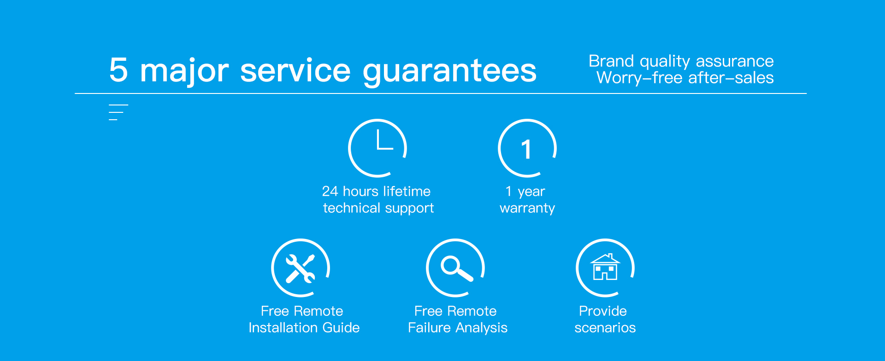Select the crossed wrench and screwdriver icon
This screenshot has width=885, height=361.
pyautogui.click(x=301, y=268)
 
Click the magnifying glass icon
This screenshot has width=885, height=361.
pyautogui.click(x=456, y=268)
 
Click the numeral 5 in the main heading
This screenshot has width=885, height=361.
pyautogui.click(x=118, y=70)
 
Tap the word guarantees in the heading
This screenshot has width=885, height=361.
pyautogui.click(x=450, y=71)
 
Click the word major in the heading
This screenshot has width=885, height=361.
pyautogui.click(x=184, y=71)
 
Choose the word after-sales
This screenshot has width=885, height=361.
pyautogui.click(x=731, y=77)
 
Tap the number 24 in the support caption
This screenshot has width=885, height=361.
pyautogui.click(x=330, y=191)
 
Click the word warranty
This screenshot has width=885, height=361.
pyautogui.click(x=527, y=209)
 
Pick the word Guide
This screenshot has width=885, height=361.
pyautogui.click(x=341, y=327)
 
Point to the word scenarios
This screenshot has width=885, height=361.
pyautogui.click(x=605, y=328)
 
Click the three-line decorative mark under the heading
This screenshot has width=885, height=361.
pyautogui.click(x=118, y=112)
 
